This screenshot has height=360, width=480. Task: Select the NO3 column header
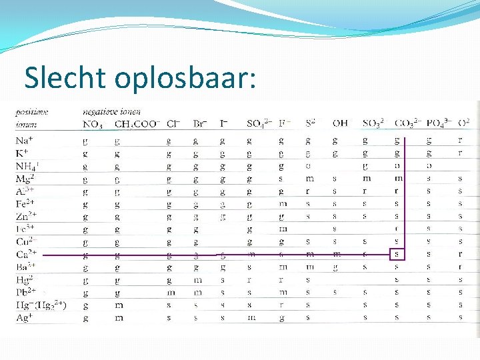(x=93, y=123)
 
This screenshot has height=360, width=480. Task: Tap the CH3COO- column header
(x=136, y=123)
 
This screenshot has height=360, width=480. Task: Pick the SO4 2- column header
(x=259, y=123)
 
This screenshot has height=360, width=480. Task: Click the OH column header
(x=339, y=123)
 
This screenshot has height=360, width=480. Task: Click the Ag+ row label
(x=25, y=318)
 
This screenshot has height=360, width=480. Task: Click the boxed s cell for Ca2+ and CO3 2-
(x=397, y=254)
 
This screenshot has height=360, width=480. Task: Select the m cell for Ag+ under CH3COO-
(x=119, y=318)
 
